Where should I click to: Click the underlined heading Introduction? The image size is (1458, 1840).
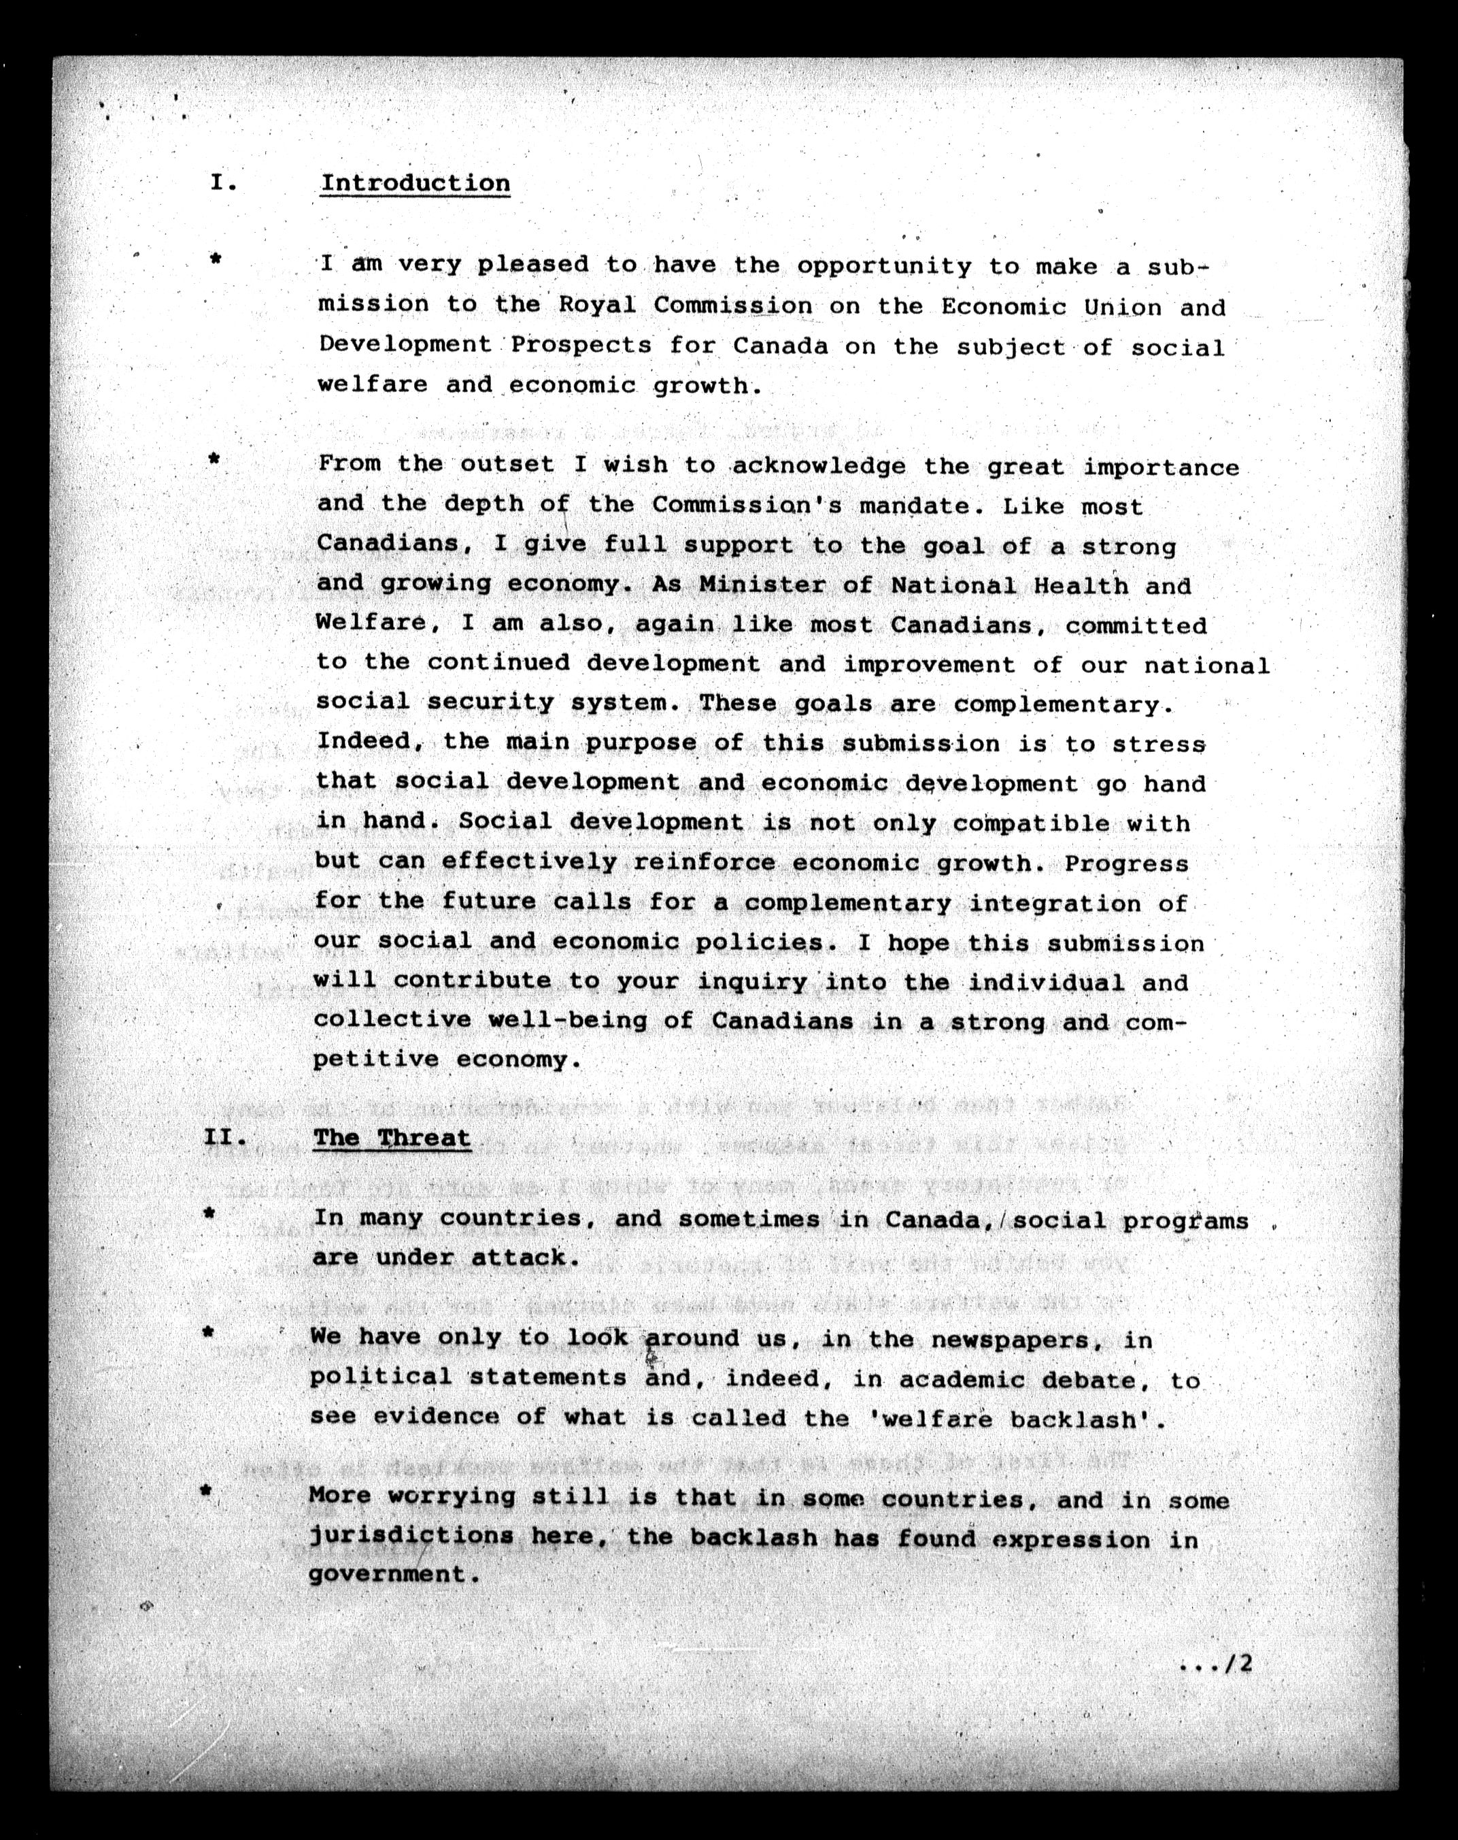tap(415, 184)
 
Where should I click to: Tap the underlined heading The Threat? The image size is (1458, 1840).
tap(392, 1138)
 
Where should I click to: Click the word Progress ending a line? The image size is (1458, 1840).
tap(1126, 863)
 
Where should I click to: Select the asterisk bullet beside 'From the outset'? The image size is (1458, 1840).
tap(215, 460)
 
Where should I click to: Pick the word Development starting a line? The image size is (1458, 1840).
tap(405, 345)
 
